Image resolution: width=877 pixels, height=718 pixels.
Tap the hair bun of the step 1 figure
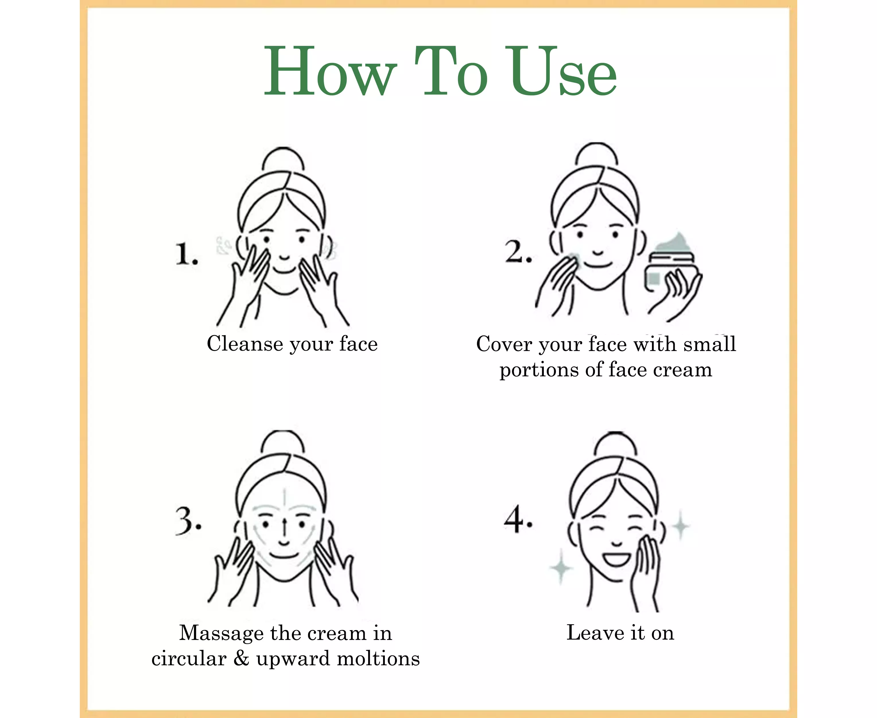tap(283, 159)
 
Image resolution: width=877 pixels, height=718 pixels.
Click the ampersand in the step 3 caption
tap(241, 658)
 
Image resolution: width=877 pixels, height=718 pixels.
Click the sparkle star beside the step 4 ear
tap(680, 526)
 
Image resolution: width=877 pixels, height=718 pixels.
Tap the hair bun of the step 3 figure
tap(283, 442)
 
